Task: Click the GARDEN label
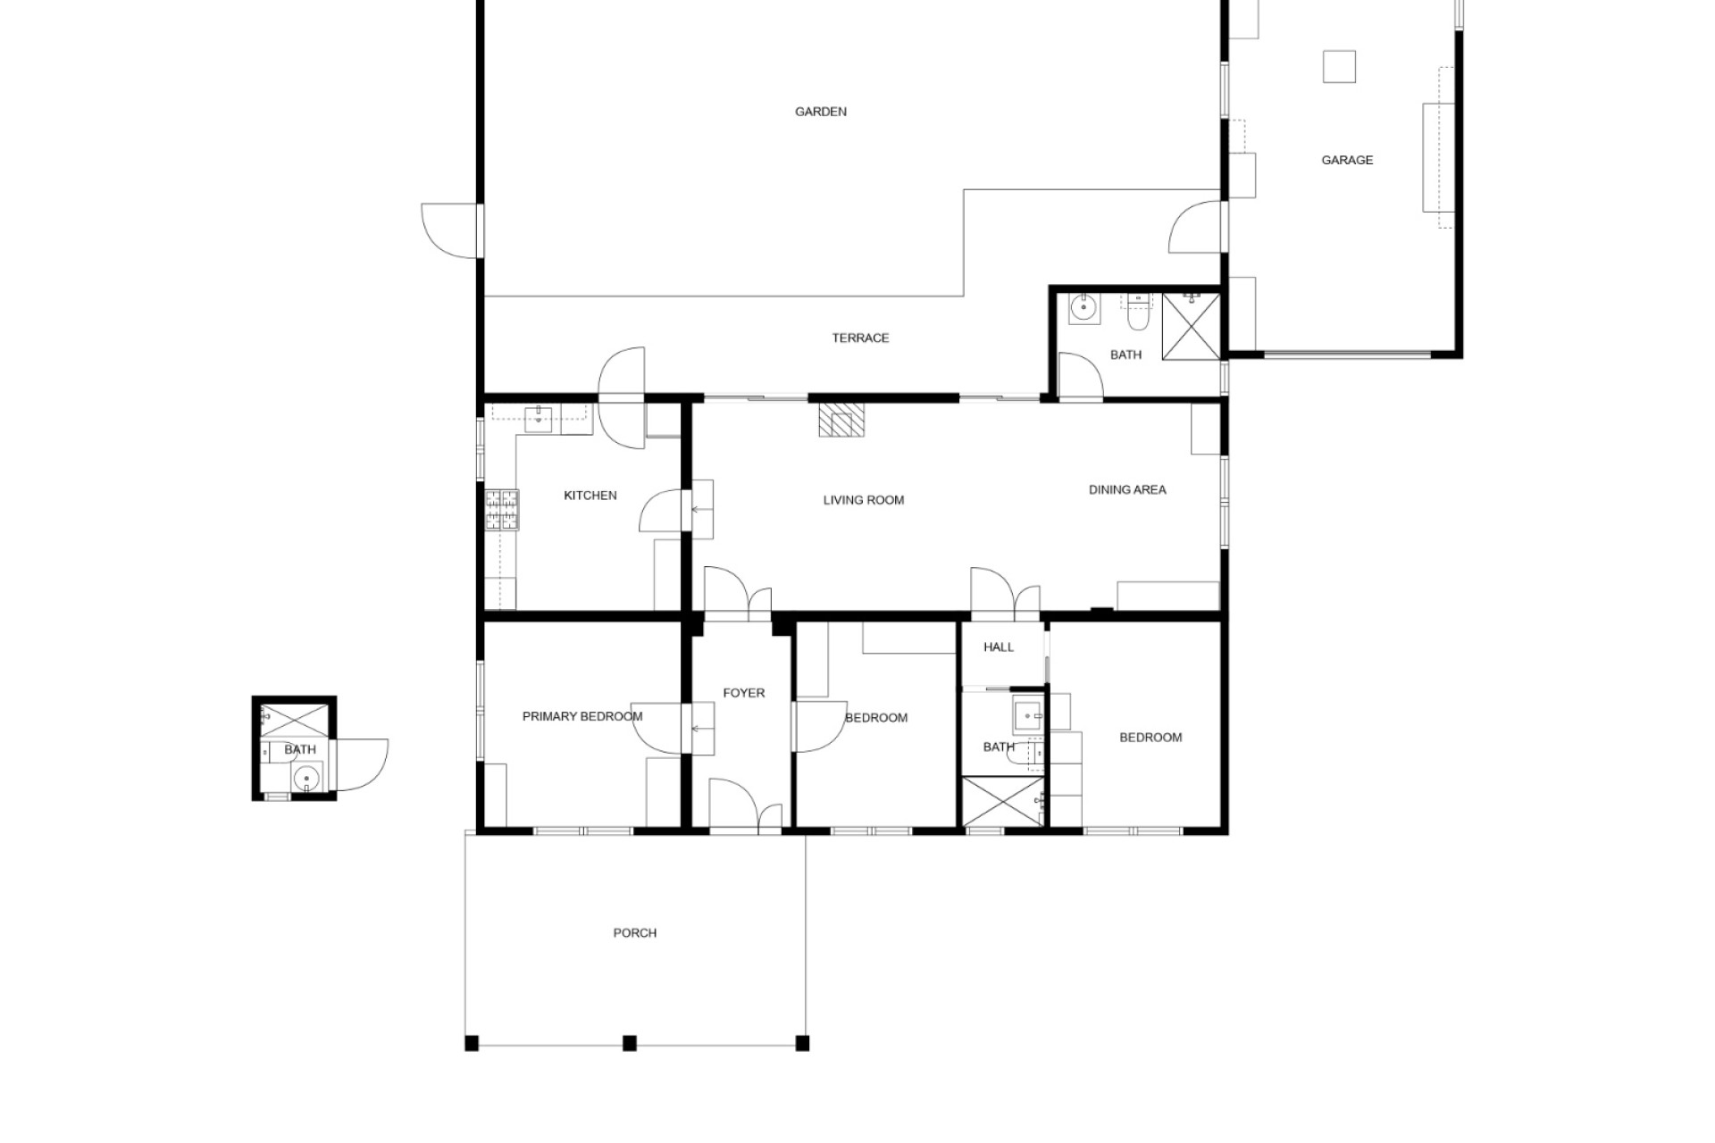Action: [821, 112]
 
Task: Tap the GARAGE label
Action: [1347, 160]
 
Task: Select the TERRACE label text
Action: [860, 338]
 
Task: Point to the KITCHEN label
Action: [590, 496]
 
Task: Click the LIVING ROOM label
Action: [864, 500]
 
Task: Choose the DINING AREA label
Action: [1127, 489]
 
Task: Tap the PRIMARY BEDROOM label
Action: [582, 716]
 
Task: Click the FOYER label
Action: [744, 693]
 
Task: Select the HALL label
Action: [999, 647]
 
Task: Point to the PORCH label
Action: [635, 933]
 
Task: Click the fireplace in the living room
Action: [842, 419]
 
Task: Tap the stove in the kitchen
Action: [502, 510]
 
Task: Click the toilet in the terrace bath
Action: [1138, 313]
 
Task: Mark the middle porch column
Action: [630, 1043]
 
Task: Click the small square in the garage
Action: [1339, 67]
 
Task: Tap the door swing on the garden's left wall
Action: [450, 231]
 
